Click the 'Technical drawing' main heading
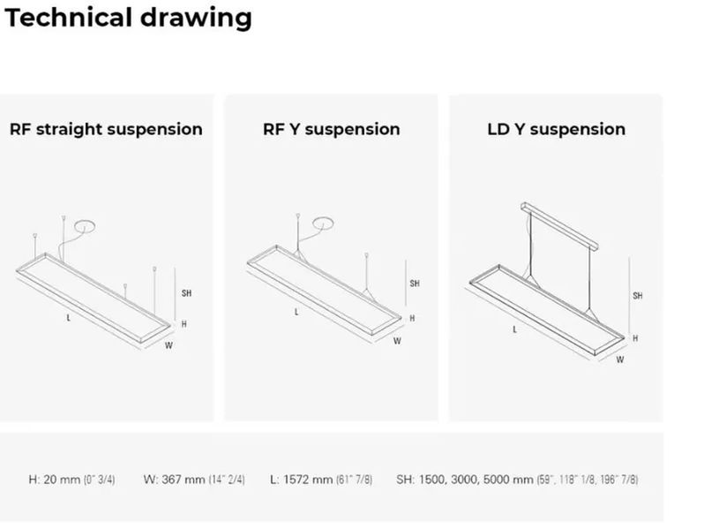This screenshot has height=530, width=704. point(128,18)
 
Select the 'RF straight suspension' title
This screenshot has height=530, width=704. point(106,129)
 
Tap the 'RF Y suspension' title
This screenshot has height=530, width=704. point(332,129)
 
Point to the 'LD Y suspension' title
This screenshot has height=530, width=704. point(557,129)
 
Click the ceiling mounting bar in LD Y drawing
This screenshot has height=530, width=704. point(559,225)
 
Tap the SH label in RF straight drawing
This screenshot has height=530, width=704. point(186,293)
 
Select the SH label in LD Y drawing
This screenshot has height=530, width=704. point(638,295)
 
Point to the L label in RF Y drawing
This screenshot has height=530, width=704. point(296,312)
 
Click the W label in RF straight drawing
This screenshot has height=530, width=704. point(169,345)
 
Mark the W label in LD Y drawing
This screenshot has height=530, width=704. point(619,360)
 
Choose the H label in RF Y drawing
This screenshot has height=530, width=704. point(412,318)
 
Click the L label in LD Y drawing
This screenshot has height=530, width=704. point(514,329)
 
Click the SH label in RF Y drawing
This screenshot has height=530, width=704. point(415,284)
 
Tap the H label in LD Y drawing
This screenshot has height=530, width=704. point(635,338)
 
